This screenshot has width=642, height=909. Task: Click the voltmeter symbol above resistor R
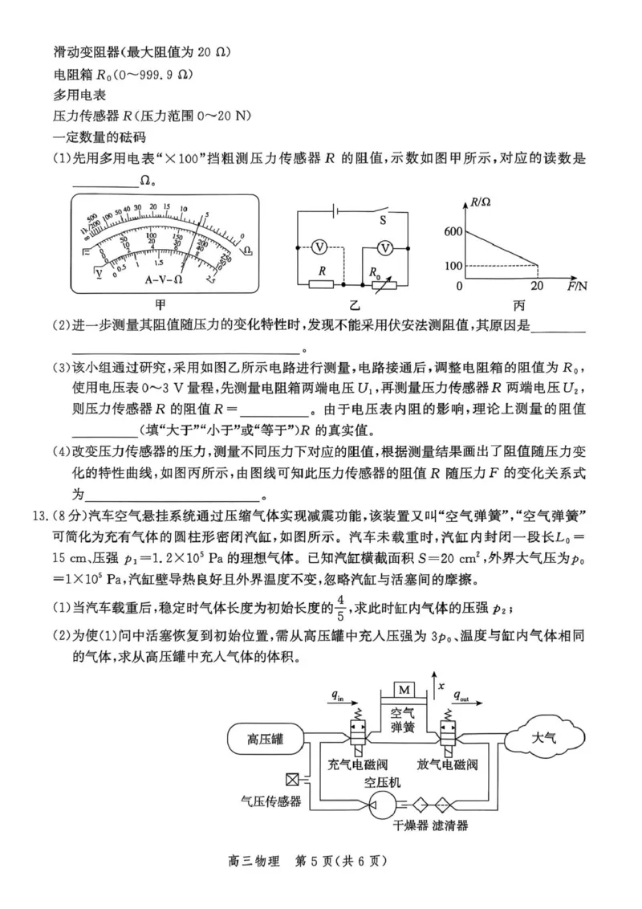(318, 247)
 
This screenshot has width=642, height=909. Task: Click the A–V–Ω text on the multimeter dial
(164, 280)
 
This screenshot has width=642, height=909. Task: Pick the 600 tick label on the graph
(453, 232)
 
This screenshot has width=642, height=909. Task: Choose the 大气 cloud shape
(543, 736)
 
